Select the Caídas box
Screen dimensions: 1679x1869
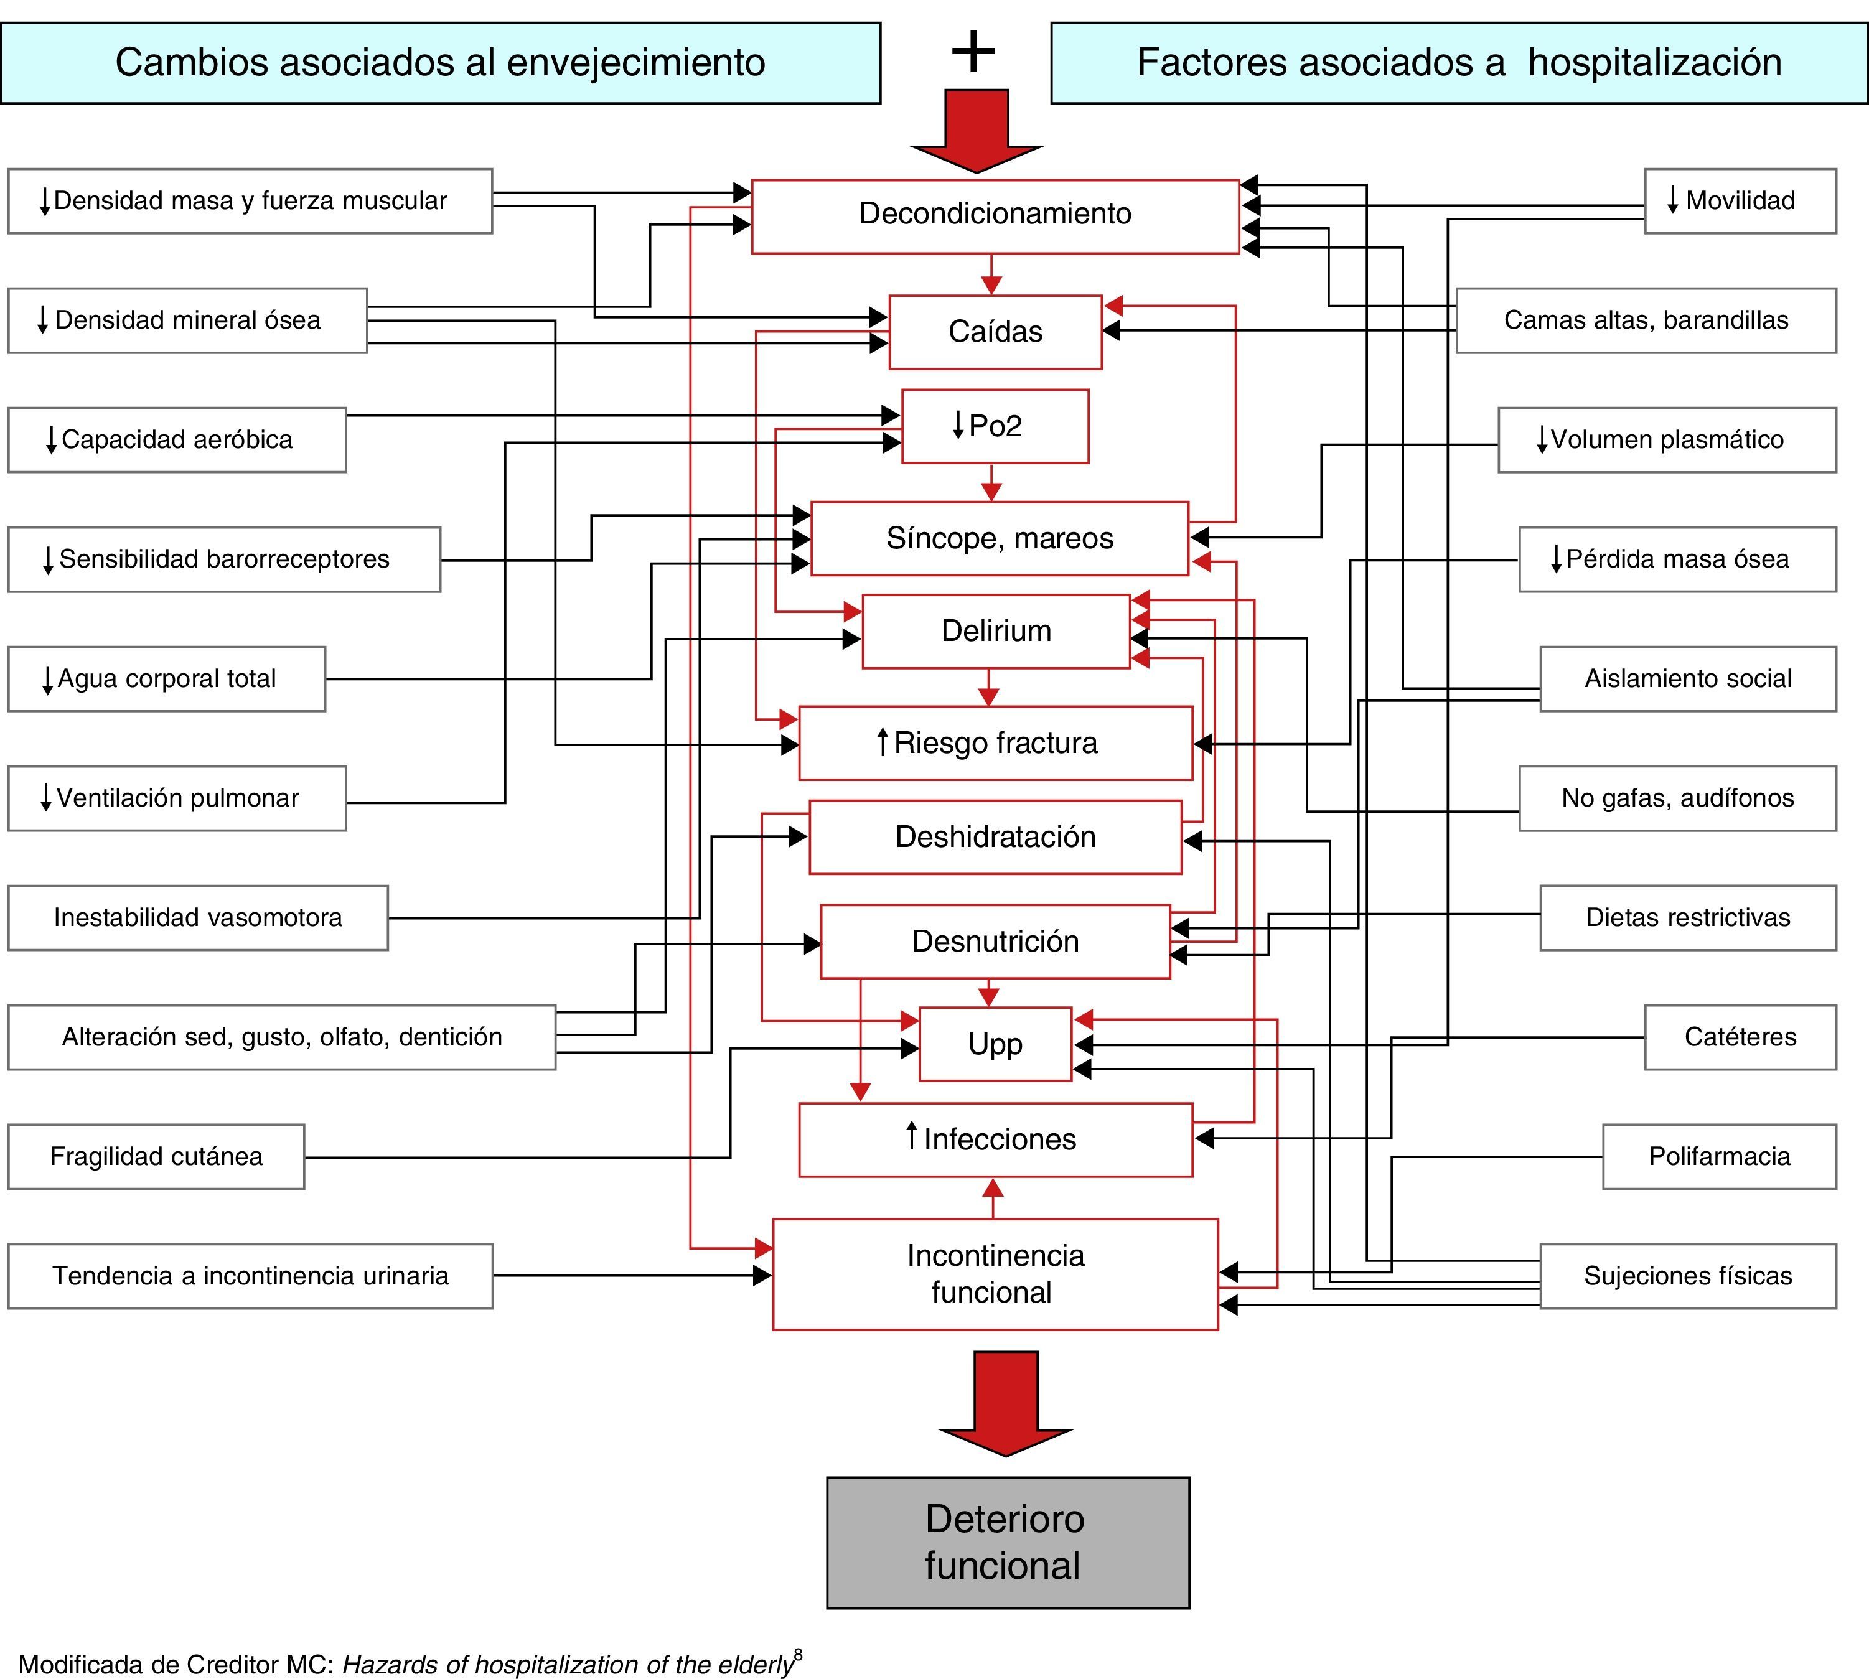pyautogui.click(x=995, y=331)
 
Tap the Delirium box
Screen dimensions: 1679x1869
pyautogui.click(x=995, y=631)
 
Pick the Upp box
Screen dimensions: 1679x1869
pyautogui.click(x=995, y=1044)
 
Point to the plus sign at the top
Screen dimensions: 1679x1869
pyautogui.click(x=973, y=52)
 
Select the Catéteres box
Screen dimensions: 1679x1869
pyautogui.click(x=1740, y=1037)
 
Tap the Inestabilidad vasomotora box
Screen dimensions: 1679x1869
pyautogui.click(x=197, y=917)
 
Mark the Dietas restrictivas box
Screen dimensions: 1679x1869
pyautogui.click(x=1687, y=917)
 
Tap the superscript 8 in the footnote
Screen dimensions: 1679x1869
pyautogui.click(x=798, y=1655)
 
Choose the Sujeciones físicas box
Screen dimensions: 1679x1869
pyautogui.click(x=1687, y=1276)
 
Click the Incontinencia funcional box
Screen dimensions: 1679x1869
pyautogui.click(x=995, y=1274)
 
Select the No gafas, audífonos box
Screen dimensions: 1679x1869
pyautogui.click(x=1677, y=798)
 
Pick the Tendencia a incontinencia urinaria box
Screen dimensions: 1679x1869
pyautogui.click(x=250, y=1276)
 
